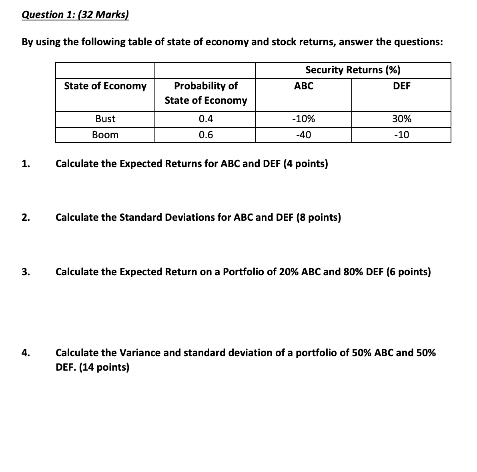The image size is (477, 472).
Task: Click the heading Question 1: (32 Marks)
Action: (x=75, y=15)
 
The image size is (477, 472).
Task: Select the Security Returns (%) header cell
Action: (x=353, y=70)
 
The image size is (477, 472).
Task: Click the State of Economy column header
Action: (x=105, y=86)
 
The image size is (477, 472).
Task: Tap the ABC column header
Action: (x=303, y=86)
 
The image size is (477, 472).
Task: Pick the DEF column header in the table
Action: (x=401, y=86)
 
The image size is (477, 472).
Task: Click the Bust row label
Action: (x=105, y=119)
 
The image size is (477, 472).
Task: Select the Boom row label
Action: (x=105, y=135)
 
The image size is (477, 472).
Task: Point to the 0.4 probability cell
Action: (x=206, y=119)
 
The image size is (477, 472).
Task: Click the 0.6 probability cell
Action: (x=206, y=135)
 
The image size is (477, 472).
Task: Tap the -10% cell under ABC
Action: (x=303, y=119)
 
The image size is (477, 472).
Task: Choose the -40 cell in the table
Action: (x=303, y=135)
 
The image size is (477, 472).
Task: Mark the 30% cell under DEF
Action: (x=401, y=119)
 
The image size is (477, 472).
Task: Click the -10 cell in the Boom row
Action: (x=401, y=135)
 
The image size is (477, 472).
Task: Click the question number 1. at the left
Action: (x=26, y=164)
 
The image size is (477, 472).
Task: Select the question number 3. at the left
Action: (x=26, y=272)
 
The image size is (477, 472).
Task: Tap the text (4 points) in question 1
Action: (x=306, y=164)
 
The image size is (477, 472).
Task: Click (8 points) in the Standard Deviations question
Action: (x=319, y=218)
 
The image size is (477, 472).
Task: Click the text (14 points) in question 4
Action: (x=104, y=367)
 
